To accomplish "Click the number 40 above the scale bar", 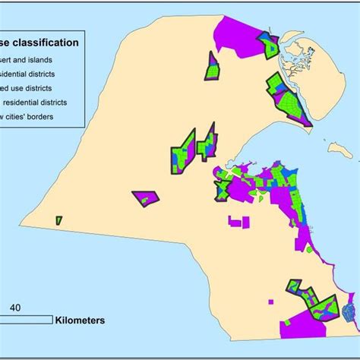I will pyautogui.click(x=15, y=308).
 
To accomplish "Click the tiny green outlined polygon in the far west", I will pyautogui.click(x=58, y=220).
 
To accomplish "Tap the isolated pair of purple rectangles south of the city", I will pyautogui.click(x=238, y=223).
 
